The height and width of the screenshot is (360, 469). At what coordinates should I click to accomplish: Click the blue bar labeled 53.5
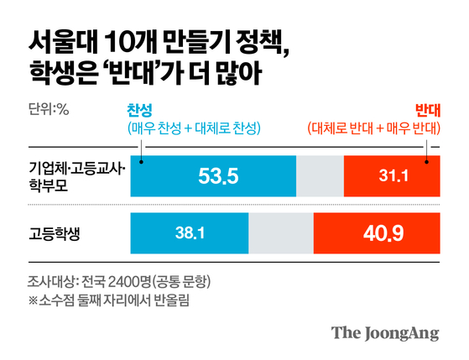point(213,176)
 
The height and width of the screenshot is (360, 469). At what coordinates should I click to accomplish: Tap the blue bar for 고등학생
point(190,232)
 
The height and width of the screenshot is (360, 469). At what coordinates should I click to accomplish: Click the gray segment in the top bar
point(320,176)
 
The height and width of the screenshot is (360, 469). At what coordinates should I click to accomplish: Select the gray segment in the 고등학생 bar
point(280,232)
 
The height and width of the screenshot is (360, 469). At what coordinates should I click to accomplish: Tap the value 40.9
point(375,232)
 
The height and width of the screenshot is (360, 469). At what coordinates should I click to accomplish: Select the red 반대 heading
point(428,110)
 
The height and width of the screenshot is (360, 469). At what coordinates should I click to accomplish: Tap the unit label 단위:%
point(49,109)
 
